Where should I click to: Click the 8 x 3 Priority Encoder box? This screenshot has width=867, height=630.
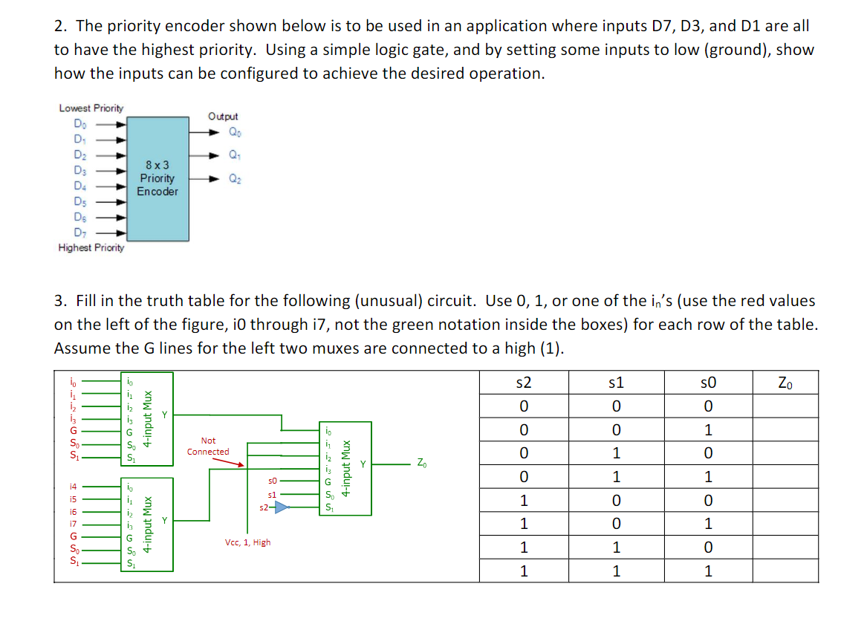pos(158,178)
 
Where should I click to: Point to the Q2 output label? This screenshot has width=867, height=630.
pos(235,178)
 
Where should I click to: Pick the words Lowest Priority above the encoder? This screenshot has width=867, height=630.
pos(91,108)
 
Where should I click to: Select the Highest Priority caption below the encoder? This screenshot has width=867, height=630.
pos(91,248)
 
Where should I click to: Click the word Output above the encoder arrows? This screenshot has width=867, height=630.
pos(223,117)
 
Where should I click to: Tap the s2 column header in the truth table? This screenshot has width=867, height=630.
pos(524,383)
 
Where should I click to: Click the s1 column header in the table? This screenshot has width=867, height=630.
pos(615,383)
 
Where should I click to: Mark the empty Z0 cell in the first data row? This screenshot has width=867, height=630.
pos(785,406)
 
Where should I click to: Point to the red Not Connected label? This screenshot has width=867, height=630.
pos(208,446)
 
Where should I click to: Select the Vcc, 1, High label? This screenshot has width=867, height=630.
pos(247,542)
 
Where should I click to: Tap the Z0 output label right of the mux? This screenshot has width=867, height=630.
pos(421,464)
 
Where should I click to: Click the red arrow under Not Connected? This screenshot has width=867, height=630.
pos(229,462)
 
